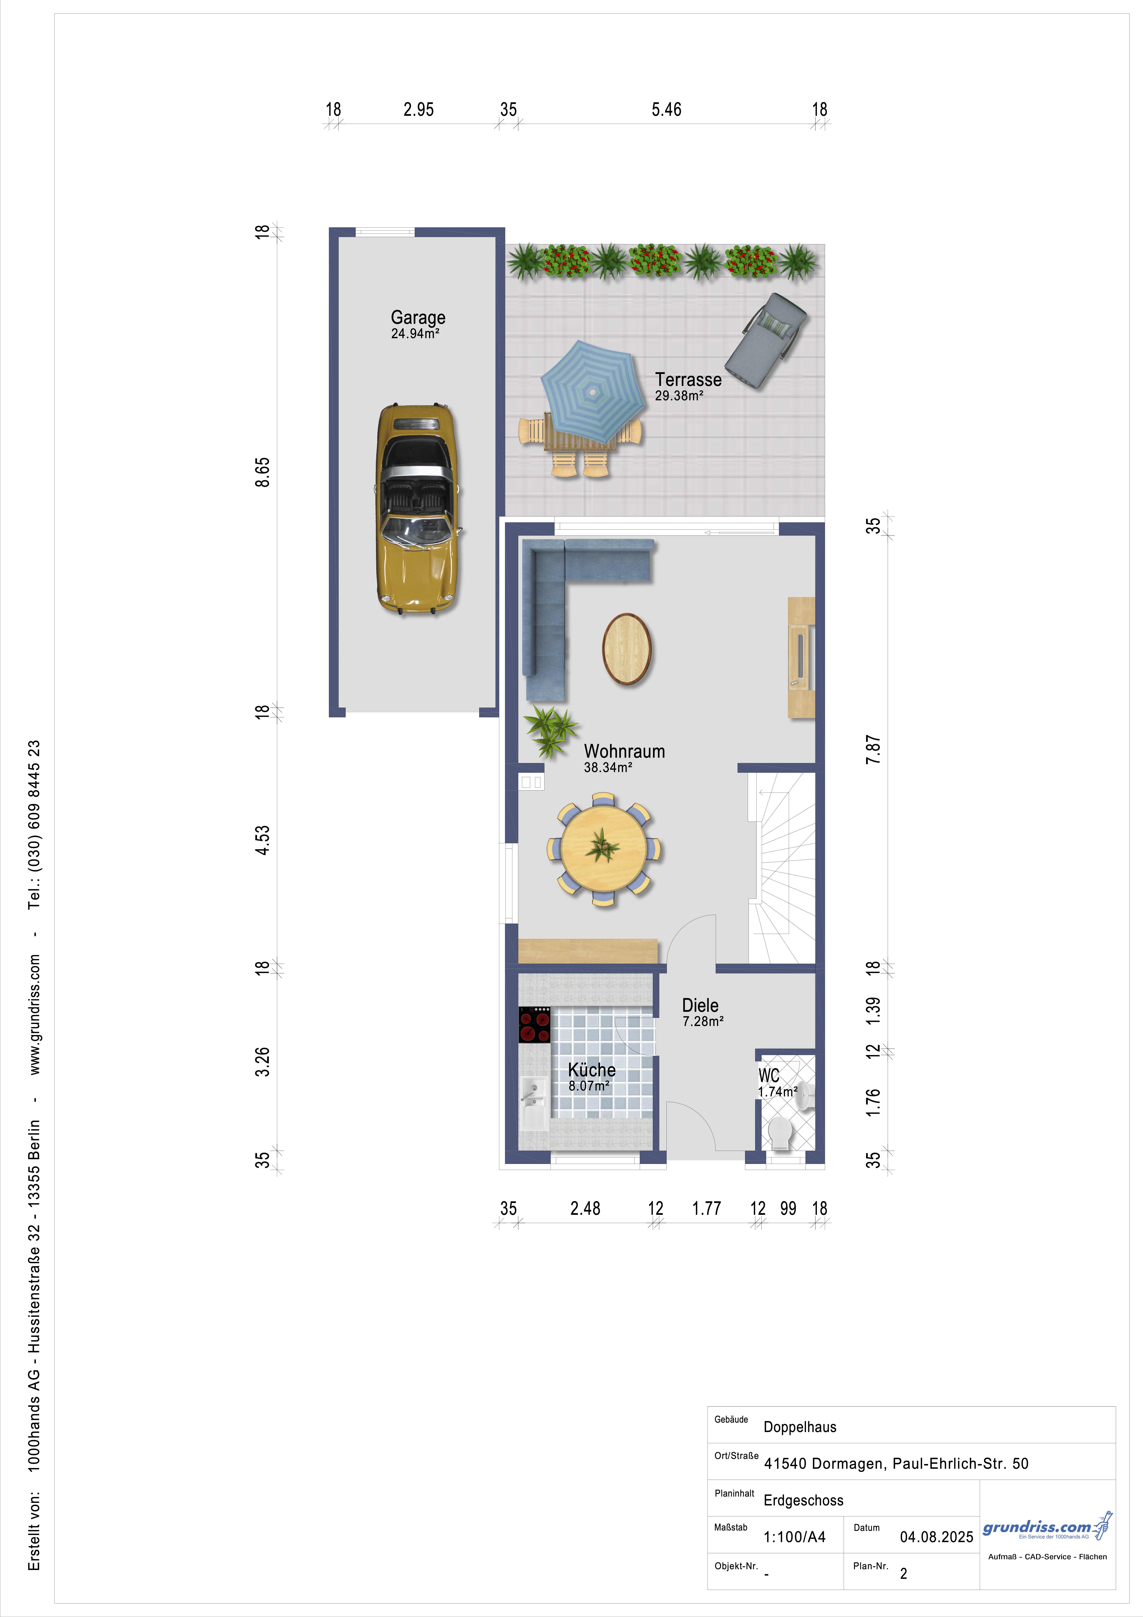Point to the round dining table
604,849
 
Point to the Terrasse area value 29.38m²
679,396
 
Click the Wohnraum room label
624,751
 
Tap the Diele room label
700,1006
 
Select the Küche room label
592,1070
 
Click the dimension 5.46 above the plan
666,110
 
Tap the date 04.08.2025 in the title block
937,1537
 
